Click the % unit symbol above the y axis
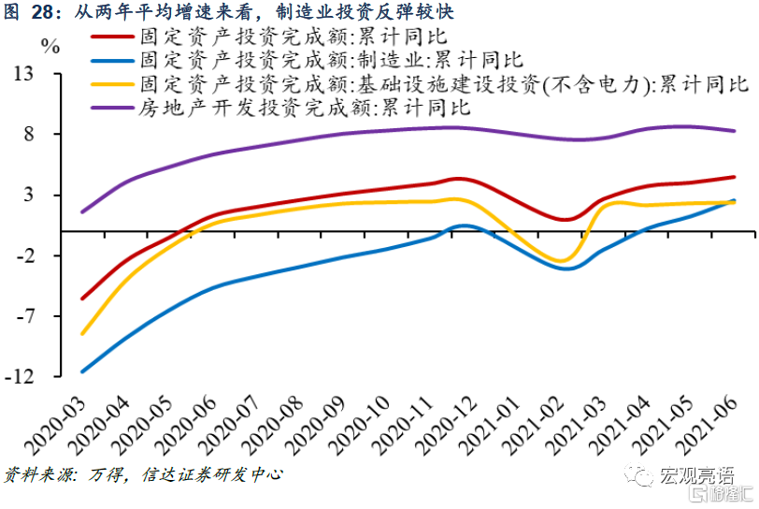pos(50,46)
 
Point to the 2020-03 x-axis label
pos(56,421)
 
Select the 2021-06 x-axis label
pos(715,421)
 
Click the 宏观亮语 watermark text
pos(696,476)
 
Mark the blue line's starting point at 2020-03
pos(82,371)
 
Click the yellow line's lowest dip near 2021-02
pos(559,260)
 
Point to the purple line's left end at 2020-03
pos(82,211)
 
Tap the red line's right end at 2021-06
pos(735,177)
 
